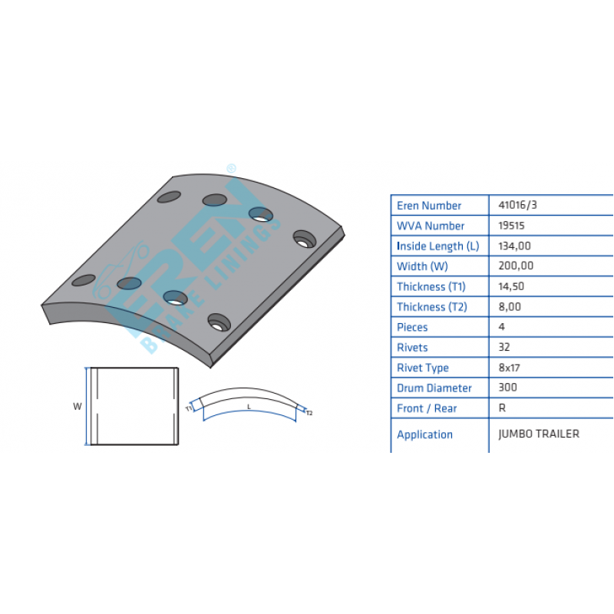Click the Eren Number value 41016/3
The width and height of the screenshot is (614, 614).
[517, 205]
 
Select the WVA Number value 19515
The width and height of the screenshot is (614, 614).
[511, 226]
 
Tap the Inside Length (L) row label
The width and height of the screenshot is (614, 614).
[437, 246]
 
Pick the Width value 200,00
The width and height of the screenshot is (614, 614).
[516, 266]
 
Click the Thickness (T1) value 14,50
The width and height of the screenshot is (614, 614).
[511, 286]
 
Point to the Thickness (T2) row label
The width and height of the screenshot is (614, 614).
[432, 307]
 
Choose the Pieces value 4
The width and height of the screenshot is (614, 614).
[502, 327]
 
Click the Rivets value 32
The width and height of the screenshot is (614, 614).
[504, 348]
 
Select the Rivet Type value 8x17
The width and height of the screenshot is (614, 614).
[509, 368]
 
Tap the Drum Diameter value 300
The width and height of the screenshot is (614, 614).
[507, 388]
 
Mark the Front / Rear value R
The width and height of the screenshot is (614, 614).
[502, 408]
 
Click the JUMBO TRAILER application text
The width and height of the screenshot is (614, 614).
[539, 434]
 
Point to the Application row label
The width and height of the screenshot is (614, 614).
[424, 434]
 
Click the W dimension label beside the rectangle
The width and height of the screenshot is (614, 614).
[78, 407]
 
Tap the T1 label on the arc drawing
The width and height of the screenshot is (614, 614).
[189, 408]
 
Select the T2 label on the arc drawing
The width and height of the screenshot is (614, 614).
[309, 413]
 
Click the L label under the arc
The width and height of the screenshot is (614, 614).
[249, 408]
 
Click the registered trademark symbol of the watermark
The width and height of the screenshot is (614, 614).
[232, 168]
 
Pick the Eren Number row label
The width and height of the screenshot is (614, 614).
[429, 206]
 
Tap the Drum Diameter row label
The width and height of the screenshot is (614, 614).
[434, 388]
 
